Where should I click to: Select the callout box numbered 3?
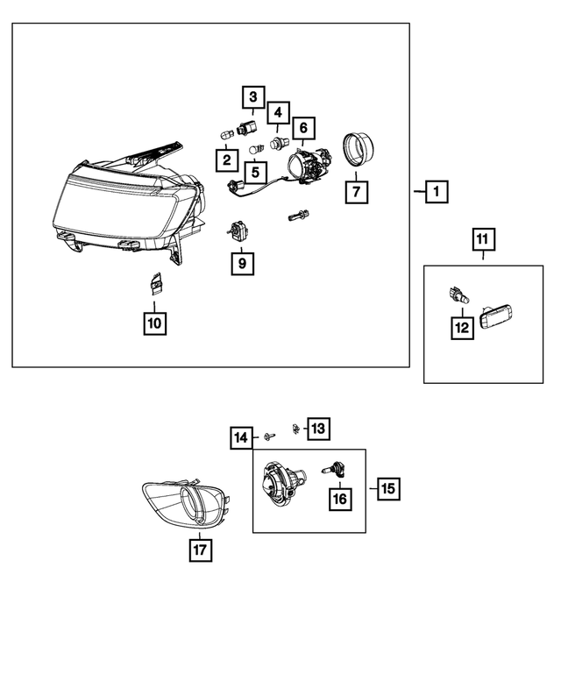[x=252, y=98]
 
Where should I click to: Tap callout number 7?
[x=356, y=190]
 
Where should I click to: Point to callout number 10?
[x=154, y=323]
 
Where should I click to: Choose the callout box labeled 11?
[x=483, y=238]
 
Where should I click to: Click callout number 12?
[x=461, y=328]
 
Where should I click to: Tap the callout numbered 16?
[x=338, y=499]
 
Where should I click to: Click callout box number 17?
[x=201, y=550]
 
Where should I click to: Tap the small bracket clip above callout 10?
[x=155, y=283]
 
